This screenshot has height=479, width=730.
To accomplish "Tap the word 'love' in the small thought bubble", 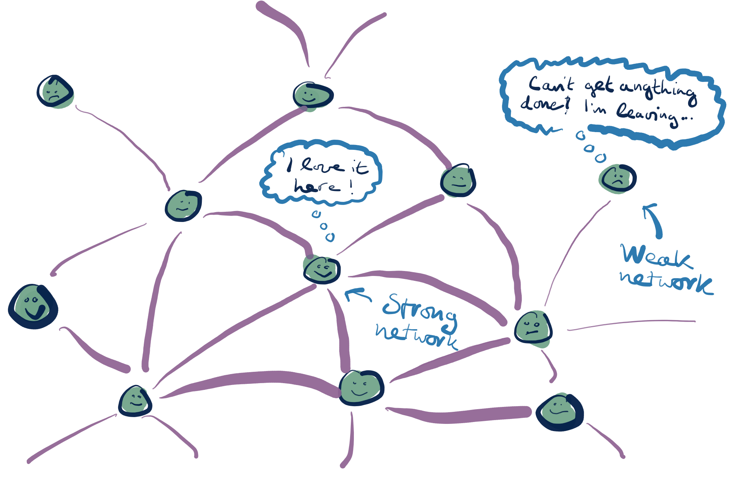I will [322, 166].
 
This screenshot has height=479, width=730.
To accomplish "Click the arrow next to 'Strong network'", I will [358, 294].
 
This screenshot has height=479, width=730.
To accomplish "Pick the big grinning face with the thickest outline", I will [33, 306].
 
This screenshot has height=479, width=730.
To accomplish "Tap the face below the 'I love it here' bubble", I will [322, 269].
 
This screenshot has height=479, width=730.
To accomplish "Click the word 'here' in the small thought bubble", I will [317, 186].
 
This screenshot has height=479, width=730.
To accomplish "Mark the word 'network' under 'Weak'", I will [666, 282].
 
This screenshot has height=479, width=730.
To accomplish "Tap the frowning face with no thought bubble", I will [55, 92].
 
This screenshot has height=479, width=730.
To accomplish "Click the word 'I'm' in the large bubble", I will [595, 107].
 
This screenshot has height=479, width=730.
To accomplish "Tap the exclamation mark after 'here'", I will [351, 186].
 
